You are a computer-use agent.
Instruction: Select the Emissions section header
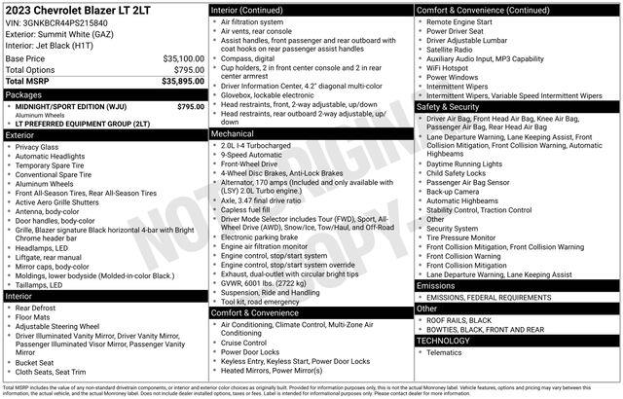[x=436, y=285]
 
